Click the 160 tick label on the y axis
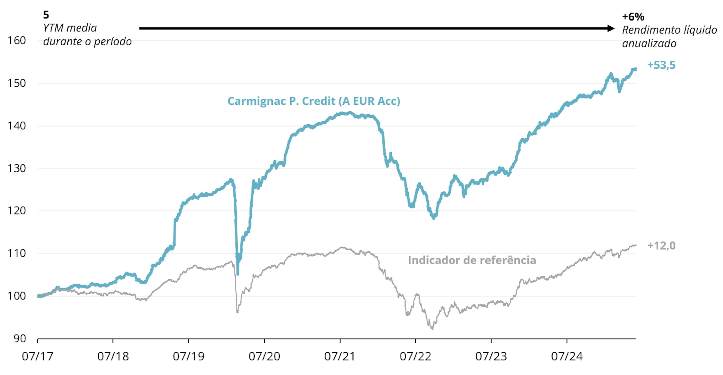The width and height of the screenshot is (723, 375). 17,41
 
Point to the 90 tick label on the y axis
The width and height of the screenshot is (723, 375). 20,339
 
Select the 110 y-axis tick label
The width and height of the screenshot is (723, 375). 17,254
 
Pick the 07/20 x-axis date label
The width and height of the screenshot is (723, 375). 264,357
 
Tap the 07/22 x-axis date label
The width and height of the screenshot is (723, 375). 415,357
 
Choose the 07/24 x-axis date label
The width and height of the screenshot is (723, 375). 567,357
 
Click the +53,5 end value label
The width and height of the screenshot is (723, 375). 661,65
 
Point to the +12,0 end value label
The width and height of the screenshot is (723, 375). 661,246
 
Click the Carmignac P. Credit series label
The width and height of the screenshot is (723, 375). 313,101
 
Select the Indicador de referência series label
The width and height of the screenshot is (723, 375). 472,260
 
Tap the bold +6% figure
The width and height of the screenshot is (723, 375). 633,17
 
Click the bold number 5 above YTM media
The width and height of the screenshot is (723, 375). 46,15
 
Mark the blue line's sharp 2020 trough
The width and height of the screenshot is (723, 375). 238,273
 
